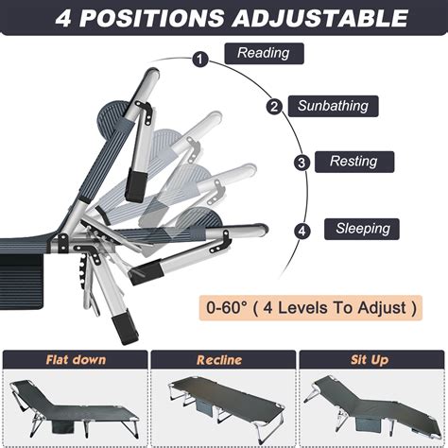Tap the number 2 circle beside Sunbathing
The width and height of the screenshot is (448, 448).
click(274, 107)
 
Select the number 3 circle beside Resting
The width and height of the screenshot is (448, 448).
click(302, 163)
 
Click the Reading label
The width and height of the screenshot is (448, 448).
click(264, 54)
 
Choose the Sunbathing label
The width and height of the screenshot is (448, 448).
click(334, 106)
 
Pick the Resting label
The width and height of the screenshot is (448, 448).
click(353, 162)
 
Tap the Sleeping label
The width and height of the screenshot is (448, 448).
click(362, 229)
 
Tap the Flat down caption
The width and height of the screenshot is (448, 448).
click(76, 360)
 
